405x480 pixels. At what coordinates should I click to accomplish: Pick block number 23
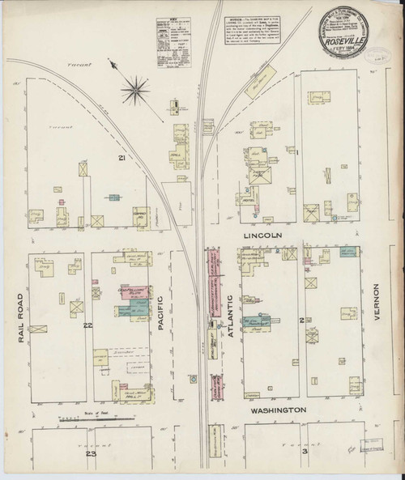(92, 454)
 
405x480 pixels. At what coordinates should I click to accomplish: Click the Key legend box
(172, 32)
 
